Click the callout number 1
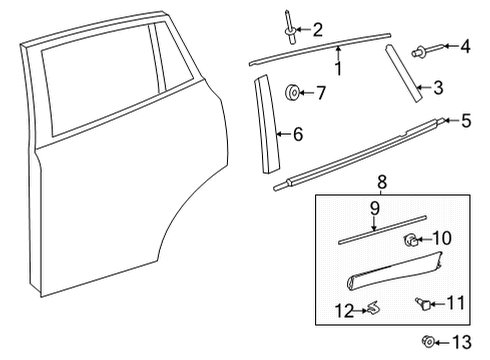[338, 69]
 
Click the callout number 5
[466, 121]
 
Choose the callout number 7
[320, 93]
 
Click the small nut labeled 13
[429, 342]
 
